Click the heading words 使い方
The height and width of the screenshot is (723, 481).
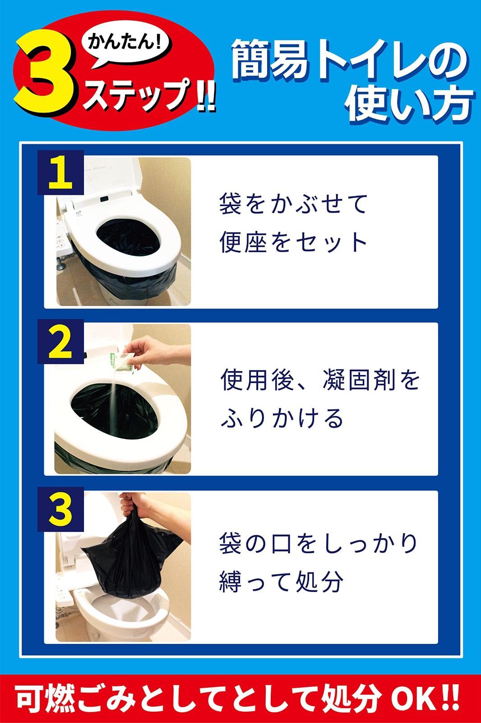point(408,104)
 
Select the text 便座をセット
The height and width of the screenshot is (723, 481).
point(294,243)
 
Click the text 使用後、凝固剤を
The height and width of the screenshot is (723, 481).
point(320,380)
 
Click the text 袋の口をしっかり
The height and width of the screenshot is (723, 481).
point(319,544)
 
